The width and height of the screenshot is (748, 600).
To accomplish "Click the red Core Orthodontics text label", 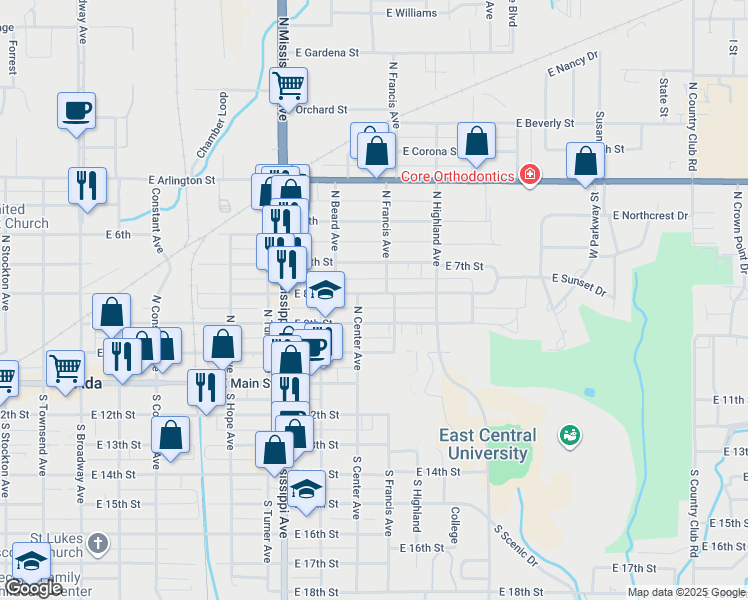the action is pos(457,177).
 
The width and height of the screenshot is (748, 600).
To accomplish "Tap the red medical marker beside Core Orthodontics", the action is pos(529,176).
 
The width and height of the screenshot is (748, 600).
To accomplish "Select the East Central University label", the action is pos(487,444).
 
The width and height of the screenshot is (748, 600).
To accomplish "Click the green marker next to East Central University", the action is pos(570,435).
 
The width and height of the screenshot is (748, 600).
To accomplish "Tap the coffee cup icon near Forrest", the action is pos(76,110).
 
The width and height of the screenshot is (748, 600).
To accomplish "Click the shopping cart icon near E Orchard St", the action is pos(288,85).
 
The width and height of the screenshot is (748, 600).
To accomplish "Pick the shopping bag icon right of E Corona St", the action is pos(477,141).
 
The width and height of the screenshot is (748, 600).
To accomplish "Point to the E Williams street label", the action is pos(412,14).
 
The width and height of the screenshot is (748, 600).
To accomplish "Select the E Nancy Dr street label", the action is pos(572,66).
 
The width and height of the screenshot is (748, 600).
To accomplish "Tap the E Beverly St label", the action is pos(545,123).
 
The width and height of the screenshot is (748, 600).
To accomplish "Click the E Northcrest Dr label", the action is pos(651,215).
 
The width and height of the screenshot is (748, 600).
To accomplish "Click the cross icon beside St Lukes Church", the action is pos(96,543).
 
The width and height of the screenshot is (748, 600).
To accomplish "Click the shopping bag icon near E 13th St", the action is pos(170,435).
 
